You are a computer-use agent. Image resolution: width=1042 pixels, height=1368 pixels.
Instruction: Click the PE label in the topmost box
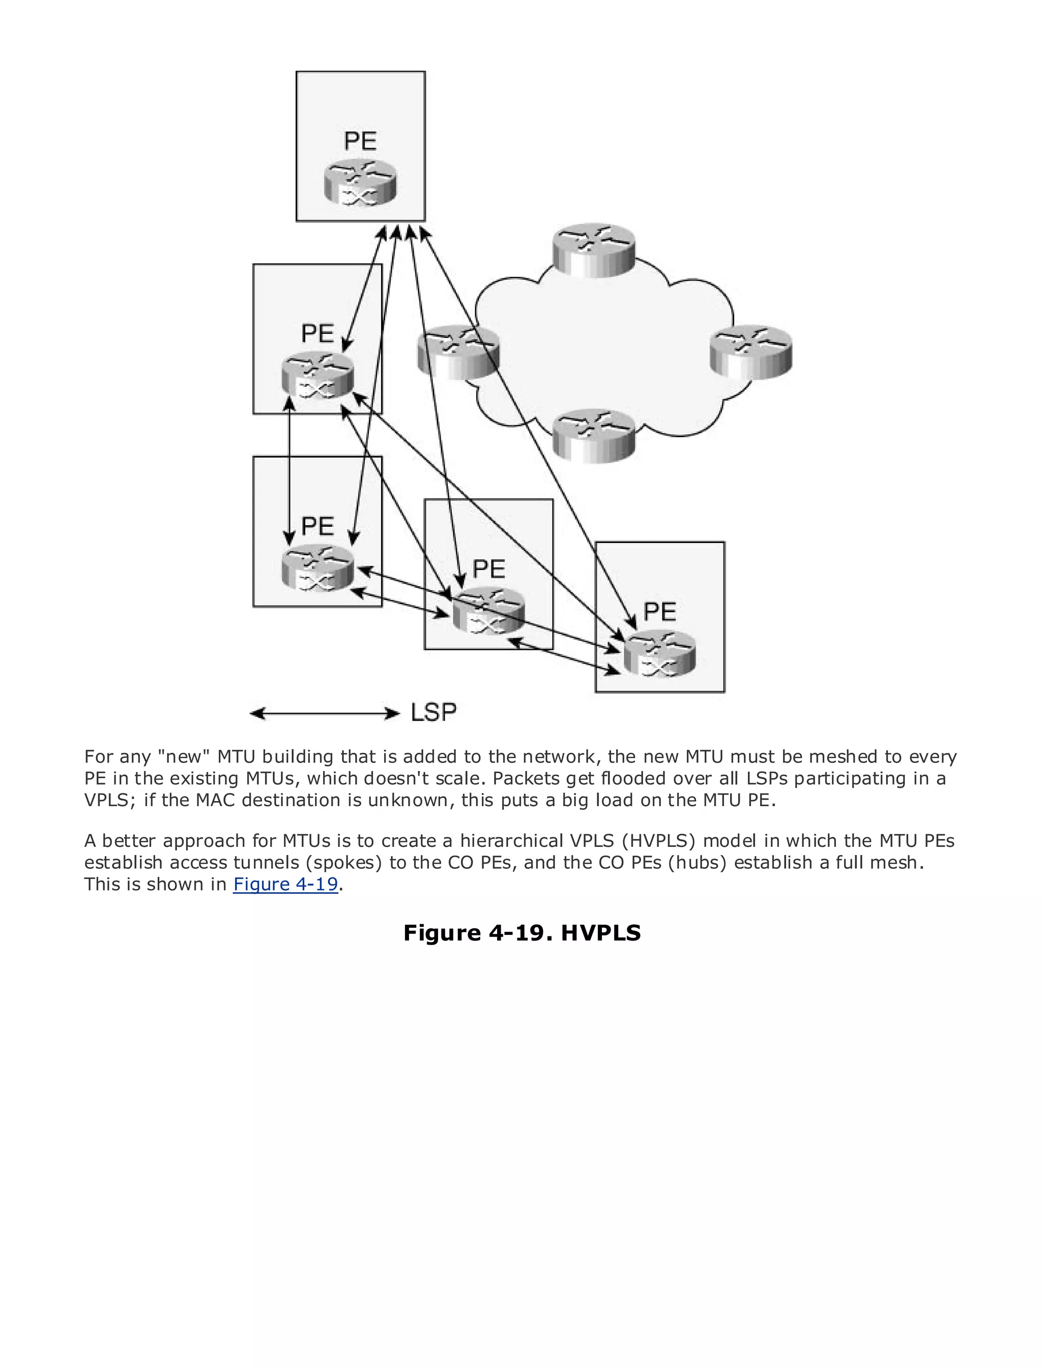point(360,141)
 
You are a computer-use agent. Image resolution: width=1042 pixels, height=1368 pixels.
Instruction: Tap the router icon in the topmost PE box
point(360,183)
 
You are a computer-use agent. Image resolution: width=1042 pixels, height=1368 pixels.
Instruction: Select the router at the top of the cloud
point(594,250)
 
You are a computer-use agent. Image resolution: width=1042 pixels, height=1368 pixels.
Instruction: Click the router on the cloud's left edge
point(458,352)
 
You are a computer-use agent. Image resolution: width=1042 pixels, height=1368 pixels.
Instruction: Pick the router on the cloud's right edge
point(751,352)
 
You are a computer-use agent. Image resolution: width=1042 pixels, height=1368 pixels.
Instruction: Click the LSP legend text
point(433,712)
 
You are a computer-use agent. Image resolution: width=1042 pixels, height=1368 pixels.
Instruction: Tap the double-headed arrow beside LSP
point(325,714)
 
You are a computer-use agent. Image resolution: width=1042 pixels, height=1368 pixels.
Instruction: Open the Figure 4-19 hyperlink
point(285,884)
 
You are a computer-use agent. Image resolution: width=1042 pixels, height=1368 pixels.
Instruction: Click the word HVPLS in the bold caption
point(600,933)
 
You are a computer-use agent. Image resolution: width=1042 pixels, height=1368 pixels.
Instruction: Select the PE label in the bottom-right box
point(659,612)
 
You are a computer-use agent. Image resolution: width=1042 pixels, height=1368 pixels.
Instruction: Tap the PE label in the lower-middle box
point(489,569)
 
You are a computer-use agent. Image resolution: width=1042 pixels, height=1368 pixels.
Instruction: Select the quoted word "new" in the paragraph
point(184,757)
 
